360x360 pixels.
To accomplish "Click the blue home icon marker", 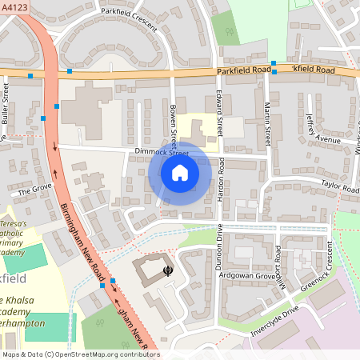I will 180,172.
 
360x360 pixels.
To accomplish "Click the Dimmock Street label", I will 161,151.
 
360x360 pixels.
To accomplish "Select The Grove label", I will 34,191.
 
